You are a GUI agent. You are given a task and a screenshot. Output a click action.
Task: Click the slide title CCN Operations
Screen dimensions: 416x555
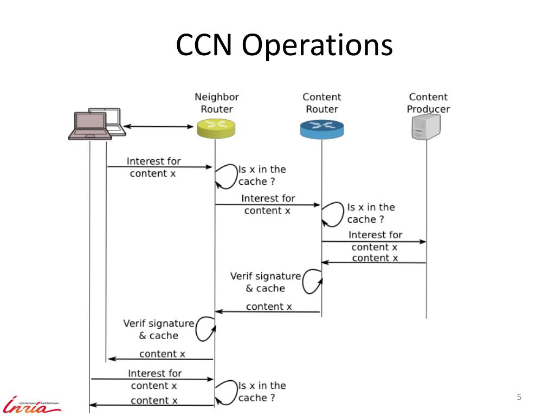tap(284, 45)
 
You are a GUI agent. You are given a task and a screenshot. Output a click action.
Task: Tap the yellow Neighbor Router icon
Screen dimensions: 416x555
tap(216, 129)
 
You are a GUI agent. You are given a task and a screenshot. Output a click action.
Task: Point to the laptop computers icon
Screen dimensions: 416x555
tap(97, 124)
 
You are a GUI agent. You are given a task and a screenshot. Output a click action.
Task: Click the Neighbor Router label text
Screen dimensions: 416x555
tap(217, 103)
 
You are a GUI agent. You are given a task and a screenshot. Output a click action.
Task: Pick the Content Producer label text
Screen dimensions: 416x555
tap(428, 103)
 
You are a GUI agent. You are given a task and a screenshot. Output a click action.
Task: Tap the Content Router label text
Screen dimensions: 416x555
tap(322, 103)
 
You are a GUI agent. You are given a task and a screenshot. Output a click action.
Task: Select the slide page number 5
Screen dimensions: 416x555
tap(519, 398)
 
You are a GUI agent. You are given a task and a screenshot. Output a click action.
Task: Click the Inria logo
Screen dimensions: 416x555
tap(32, 404)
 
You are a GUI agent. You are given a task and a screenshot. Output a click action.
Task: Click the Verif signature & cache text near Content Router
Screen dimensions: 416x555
tap(265, 282)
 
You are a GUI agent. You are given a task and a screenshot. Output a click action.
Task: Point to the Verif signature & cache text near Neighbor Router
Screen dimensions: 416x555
tap(158, 329)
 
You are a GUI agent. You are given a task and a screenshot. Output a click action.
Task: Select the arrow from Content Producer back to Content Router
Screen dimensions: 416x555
tap(373, 263)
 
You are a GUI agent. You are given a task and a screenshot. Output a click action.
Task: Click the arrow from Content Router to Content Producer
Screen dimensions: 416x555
tap(373, 242)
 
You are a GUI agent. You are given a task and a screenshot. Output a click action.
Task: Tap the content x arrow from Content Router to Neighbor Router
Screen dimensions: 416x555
tap(268, 311)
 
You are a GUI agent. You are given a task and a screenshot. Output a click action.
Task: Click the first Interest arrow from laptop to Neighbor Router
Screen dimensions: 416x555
tap(159, 167)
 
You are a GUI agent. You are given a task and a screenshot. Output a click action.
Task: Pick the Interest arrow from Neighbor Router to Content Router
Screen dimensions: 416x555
tap(268, 205)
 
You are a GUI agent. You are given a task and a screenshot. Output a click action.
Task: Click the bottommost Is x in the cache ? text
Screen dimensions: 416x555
tap(262, 392)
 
